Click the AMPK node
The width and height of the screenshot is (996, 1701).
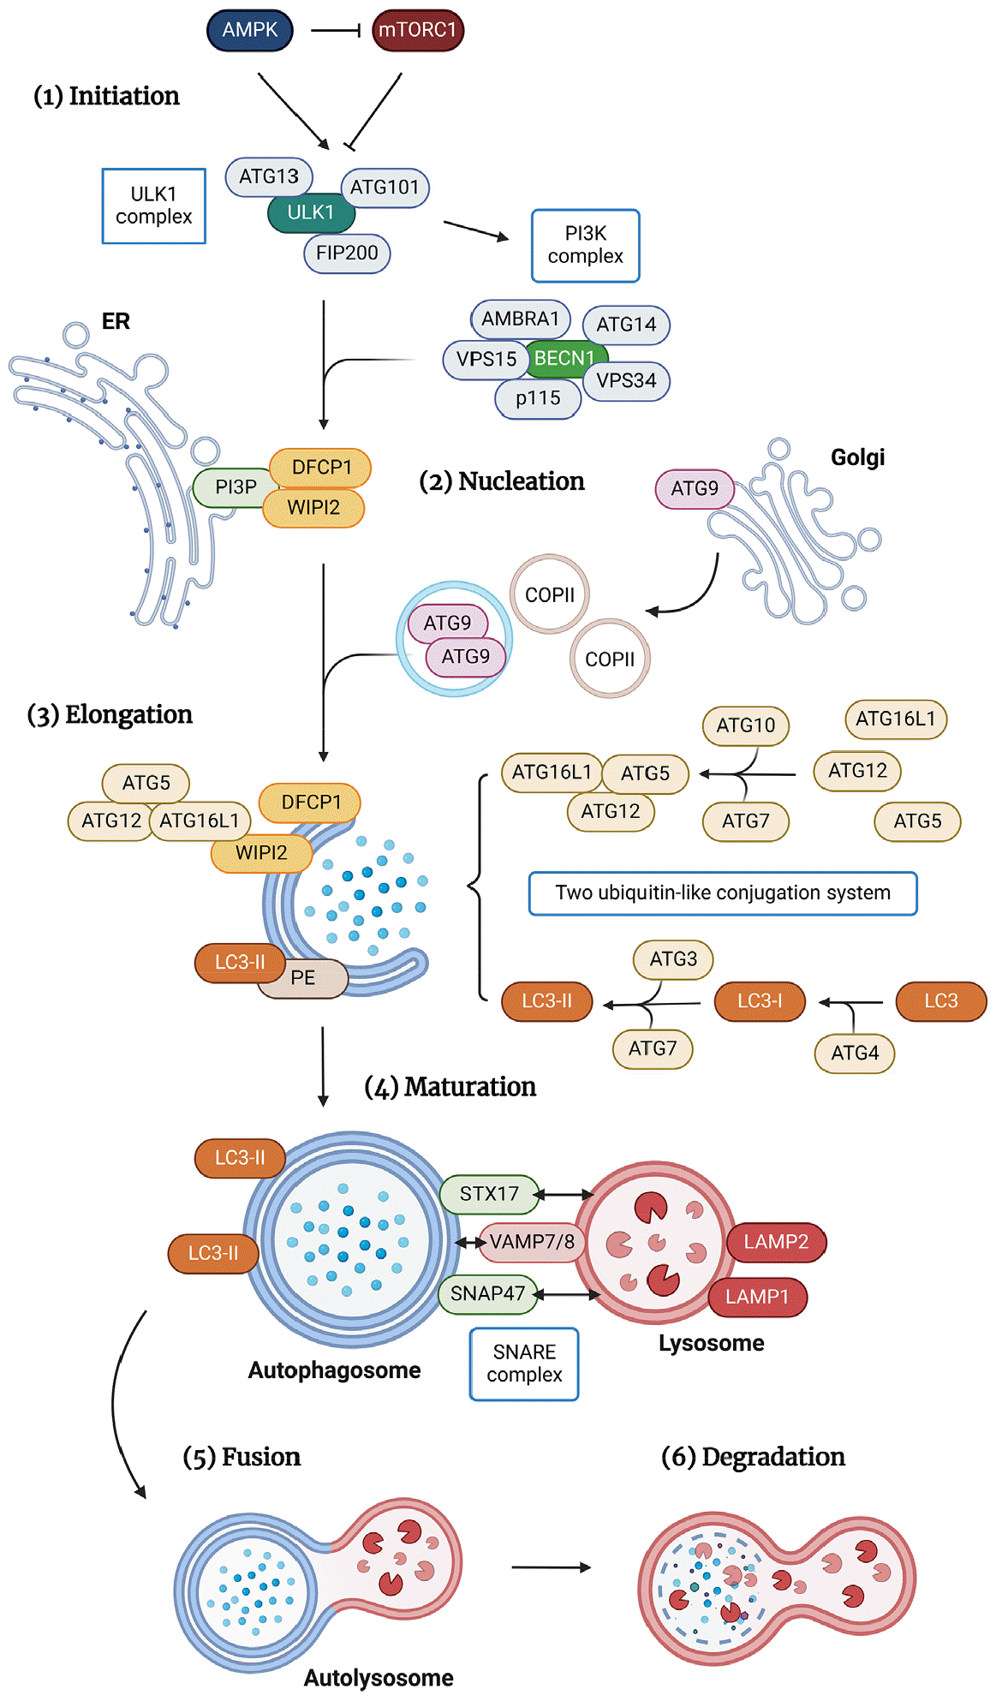(250, 30)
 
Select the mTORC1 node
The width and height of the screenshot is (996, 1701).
(418, 30)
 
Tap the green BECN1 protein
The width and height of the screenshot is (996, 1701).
(565, 358)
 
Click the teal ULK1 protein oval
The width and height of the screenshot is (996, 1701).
(311, 212)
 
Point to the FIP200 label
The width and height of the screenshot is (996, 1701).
(347, 253)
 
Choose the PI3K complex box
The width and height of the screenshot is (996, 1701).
(586, 245)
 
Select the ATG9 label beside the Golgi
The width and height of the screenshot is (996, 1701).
(695, 488)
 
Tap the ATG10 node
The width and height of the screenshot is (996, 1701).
(746, 725)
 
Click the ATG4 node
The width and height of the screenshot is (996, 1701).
(855, 1053)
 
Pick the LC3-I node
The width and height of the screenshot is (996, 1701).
(760, 1001)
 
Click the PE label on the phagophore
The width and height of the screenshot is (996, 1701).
(303, 977)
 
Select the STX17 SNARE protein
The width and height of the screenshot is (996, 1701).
(489, 1194)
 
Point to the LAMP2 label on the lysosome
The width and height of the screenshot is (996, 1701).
(776, 1242)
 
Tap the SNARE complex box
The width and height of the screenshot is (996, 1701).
(524, 1364)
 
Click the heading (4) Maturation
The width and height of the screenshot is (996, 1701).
(450, 1087)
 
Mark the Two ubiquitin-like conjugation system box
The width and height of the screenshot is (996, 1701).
(723, 893)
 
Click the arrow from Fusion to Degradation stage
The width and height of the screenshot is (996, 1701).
(551, 1567)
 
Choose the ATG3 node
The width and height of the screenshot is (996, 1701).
(673, 959)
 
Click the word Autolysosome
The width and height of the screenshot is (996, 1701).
(379, 1677)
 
